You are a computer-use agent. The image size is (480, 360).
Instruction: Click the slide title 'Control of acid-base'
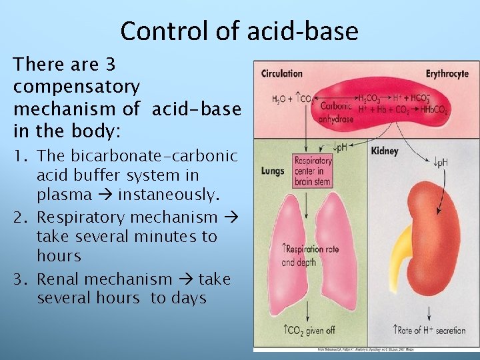pyautogui.click(x=239, y=31)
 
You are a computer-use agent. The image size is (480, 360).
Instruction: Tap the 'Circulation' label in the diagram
pyautogui.click(x=281, y=73)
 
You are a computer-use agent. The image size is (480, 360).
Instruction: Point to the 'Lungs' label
pyautogui.click(x=273, y=171)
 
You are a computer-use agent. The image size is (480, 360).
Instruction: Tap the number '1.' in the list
pyautogui.click(x=21, y=156)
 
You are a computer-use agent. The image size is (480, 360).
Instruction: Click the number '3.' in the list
pyautogui.click(x=21, y=279)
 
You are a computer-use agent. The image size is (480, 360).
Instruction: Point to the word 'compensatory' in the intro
pyautogui.click(x=77, y=87)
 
